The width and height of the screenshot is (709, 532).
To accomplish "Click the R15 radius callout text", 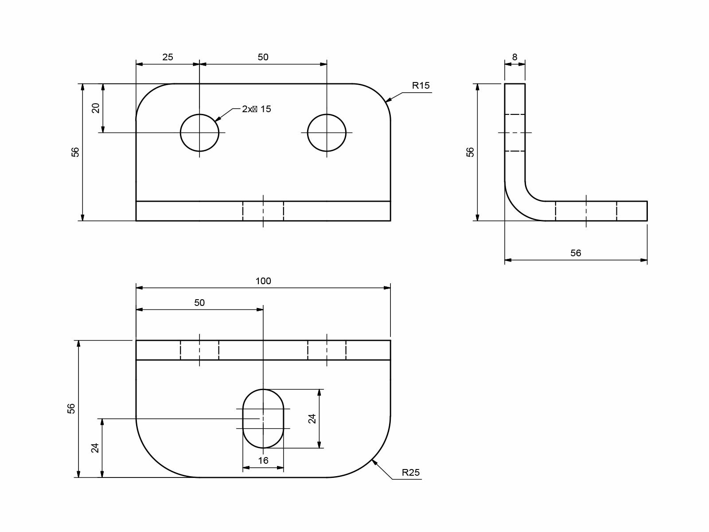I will click(421, 86).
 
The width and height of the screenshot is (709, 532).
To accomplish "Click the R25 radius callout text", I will click(410, 473).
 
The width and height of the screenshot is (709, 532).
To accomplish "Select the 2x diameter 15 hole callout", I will click(256, 109).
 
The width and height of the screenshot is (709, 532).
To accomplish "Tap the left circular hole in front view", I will click(199, 133).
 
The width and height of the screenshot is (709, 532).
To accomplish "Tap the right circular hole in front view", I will click(327, 133).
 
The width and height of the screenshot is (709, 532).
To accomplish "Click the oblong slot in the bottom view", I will click(263, 419).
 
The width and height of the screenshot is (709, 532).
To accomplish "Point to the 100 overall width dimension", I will click(263, 281).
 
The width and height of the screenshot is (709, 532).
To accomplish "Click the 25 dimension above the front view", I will click(168, 57).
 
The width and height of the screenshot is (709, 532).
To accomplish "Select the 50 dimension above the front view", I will click(263, 57).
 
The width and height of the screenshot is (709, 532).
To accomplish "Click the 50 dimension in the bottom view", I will click(199, 303).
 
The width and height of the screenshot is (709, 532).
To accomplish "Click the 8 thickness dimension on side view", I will click(514, 57).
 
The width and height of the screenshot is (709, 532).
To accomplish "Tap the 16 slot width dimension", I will click(263, 461).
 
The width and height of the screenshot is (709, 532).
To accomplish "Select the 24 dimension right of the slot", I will click(312, 419).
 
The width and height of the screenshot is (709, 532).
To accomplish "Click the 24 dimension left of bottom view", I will click(95, 448).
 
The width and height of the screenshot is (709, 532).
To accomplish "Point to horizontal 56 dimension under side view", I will click(575, 253).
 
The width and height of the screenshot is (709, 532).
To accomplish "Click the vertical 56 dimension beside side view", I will click(470, 152).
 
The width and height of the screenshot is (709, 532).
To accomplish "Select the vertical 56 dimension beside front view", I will click(76, 152).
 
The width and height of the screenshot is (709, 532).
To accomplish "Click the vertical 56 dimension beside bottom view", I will click(71, 408).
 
